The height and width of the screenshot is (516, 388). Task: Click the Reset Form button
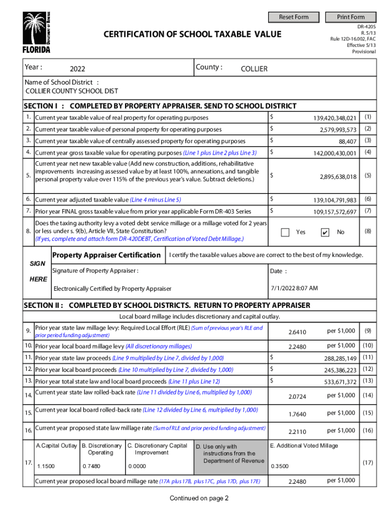[x=294, y=17]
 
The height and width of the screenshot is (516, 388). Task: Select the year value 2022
[x=78, y=69]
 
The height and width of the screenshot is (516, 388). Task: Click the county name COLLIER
[x=254, y=69]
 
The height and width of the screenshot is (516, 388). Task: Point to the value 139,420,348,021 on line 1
[x=335, y=118]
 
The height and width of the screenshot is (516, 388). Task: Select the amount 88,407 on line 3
[x=348, y=142]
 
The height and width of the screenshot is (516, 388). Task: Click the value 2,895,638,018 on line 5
[x=338, y=177]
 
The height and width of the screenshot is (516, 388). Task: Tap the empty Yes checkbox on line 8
[x=285, y=232]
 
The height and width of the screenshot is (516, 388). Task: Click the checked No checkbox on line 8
[x=325, y=232]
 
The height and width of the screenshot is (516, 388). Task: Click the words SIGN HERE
[x=38, y=272]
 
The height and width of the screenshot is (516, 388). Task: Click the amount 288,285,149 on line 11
[x=340, y=358]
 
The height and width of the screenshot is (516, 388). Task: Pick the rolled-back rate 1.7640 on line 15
[x=297, y=414]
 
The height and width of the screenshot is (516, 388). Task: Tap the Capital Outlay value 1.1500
[x=46, y=467]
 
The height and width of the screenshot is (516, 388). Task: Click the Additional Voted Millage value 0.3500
[x=280, y=467]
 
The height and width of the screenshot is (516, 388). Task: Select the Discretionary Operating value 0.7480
[x=91, y=467]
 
